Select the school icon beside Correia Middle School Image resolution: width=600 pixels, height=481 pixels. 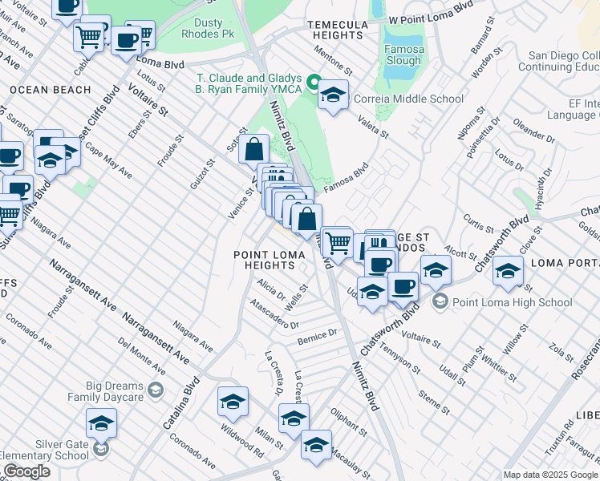pyautogui.click(x=333, y=96)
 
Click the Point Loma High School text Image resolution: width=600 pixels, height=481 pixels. pyautogui.click(x=512, y=302)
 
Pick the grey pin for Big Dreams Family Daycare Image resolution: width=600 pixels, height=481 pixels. pyautogui.click(x=156, y=390)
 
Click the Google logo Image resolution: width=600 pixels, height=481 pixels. pyautogui.click(x=26, y=471)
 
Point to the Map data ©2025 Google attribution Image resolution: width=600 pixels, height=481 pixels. pyautogui.click(x=549, y=475)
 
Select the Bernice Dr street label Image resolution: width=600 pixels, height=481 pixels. pyautogui.click(x=317, y=335)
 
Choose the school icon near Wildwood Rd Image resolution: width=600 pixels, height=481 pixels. pyautogui.click(x=233, y=402)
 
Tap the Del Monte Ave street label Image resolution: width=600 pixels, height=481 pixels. pyautogui.click(x=140, y=356)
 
